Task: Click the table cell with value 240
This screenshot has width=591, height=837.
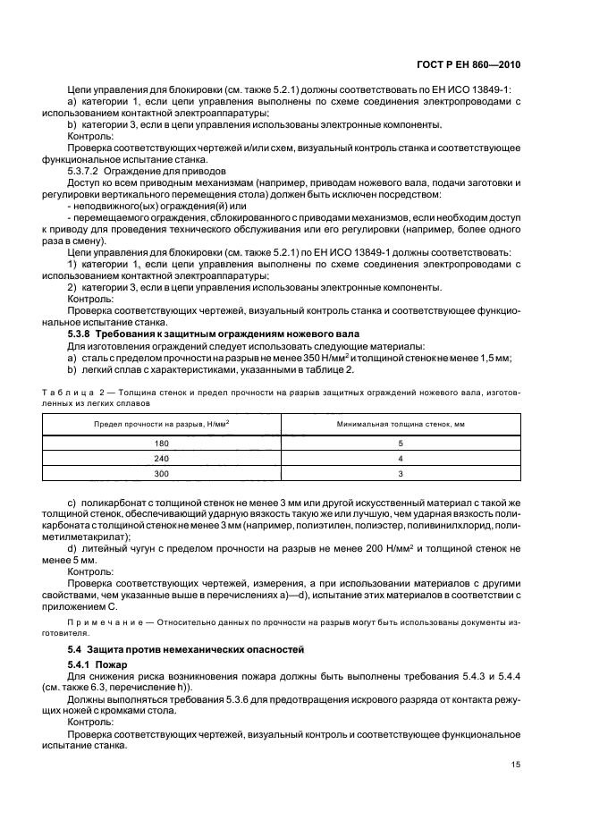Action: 162,457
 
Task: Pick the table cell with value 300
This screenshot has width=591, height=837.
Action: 162,472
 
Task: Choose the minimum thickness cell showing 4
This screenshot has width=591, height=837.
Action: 401,457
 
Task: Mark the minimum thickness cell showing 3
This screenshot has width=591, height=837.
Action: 401,472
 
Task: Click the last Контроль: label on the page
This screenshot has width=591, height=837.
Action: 89,721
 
